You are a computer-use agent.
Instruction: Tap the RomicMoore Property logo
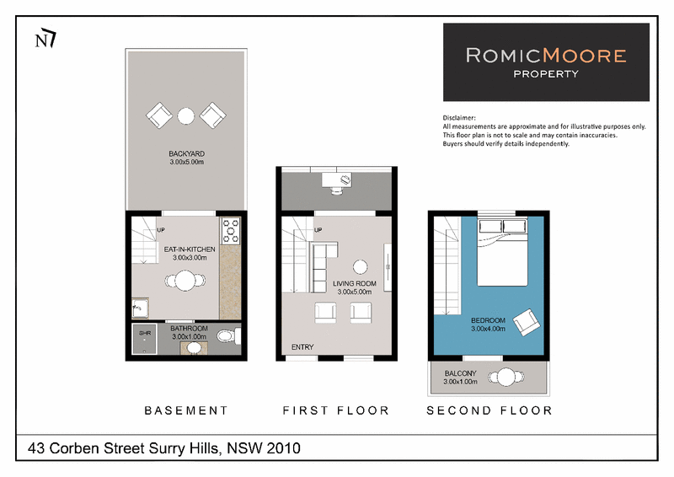(546, 62)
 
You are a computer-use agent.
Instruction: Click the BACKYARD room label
(186, 153)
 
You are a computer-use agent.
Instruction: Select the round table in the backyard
(186, 115)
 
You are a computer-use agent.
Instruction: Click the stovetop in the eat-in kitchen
(231, 231)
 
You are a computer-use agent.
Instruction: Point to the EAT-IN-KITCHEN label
(190, 249)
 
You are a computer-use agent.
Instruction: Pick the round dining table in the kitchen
(185, 281)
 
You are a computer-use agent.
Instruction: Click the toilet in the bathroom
(228, 336)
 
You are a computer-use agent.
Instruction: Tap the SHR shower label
(145, 334)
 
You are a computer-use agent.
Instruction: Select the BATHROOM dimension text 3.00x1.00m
(189, 337)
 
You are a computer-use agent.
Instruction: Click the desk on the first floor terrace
(336, 180)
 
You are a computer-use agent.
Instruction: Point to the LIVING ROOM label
(355, 283)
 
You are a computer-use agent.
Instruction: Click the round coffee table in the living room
(361, 267)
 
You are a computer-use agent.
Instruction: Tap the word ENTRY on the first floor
(302, 347)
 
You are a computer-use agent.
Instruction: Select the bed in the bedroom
(502, 252)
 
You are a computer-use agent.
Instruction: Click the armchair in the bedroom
(527, 322)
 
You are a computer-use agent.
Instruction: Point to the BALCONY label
(460, 373)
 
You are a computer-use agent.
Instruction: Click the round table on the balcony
(506, 378)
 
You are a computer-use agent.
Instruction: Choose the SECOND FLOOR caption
(489, 410)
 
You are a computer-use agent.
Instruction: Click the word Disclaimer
(459, 118)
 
